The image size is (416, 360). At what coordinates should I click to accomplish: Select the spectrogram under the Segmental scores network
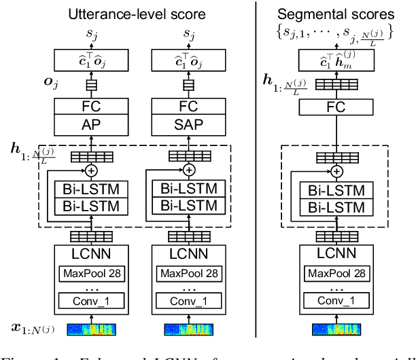333,329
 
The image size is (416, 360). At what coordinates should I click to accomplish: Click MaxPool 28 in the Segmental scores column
333,274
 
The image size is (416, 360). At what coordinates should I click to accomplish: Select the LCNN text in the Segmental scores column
333,255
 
